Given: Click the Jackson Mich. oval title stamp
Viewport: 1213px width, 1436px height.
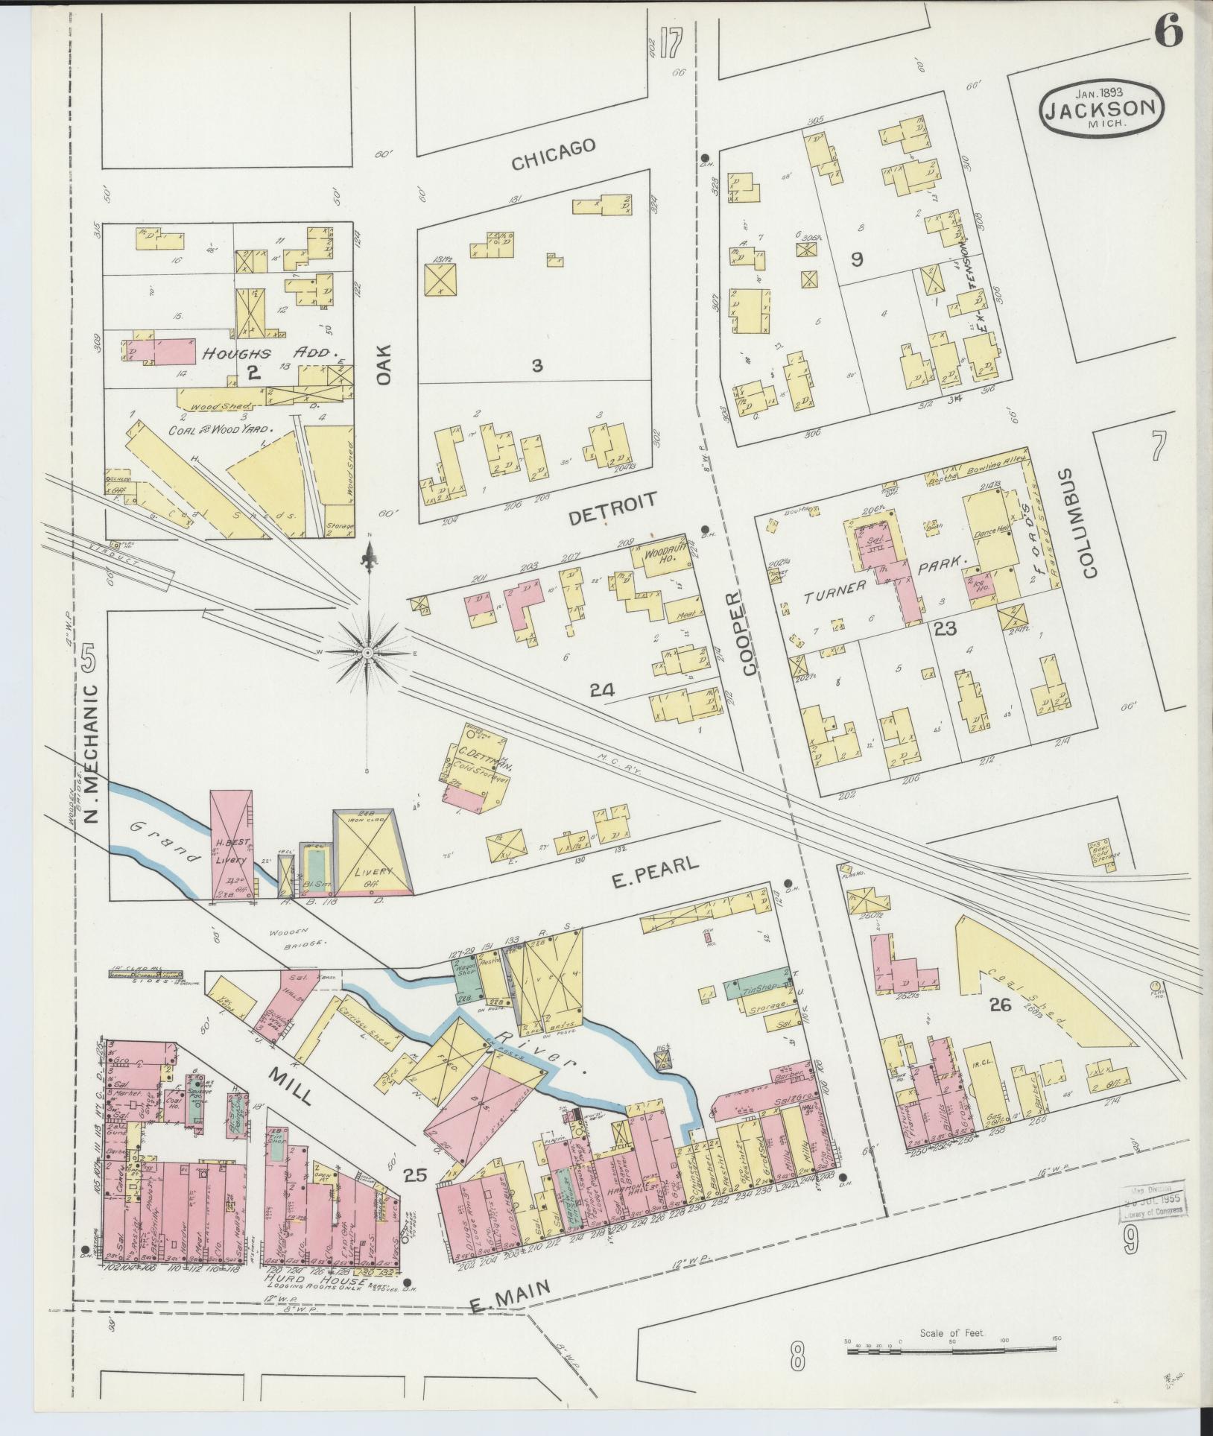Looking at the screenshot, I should (1101, 109).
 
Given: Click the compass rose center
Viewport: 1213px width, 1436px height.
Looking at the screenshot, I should (367, 652).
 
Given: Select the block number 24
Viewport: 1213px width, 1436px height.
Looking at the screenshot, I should (602, 690).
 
